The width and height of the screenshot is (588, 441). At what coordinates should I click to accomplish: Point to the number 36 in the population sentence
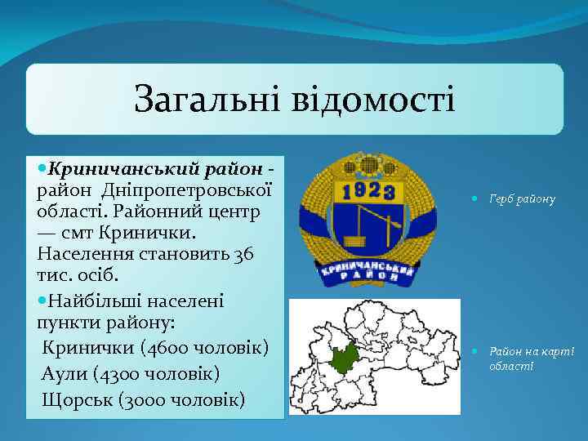click(242, 254)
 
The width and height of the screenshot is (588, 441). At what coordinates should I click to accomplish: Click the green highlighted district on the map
click(345, 357)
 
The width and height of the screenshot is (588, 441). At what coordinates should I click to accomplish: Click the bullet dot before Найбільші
click(42, 301)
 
